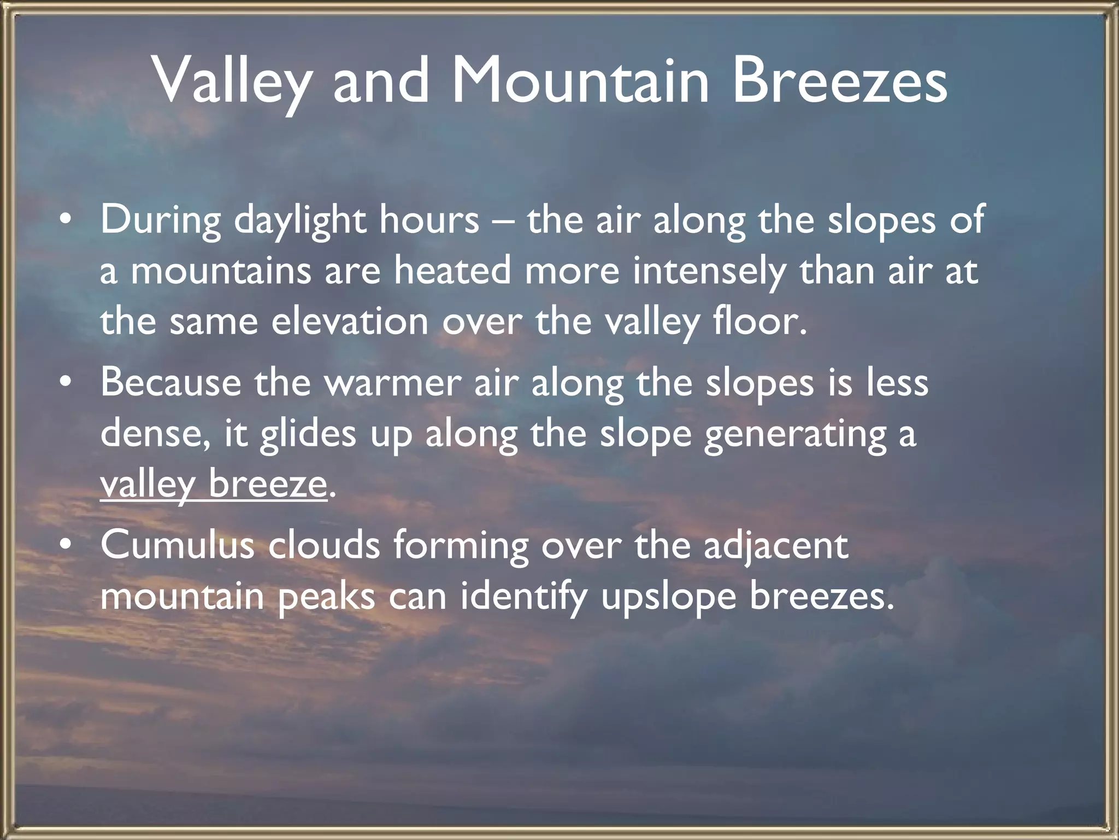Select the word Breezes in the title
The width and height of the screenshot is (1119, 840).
839,81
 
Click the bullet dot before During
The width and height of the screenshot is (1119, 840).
66,219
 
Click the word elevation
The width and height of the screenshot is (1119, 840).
350,322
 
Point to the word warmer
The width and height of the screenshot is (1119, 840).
393,383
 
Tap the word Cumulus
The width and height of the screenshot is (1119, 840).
178,545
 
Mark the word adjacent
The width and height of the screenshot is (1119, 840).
776,546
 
